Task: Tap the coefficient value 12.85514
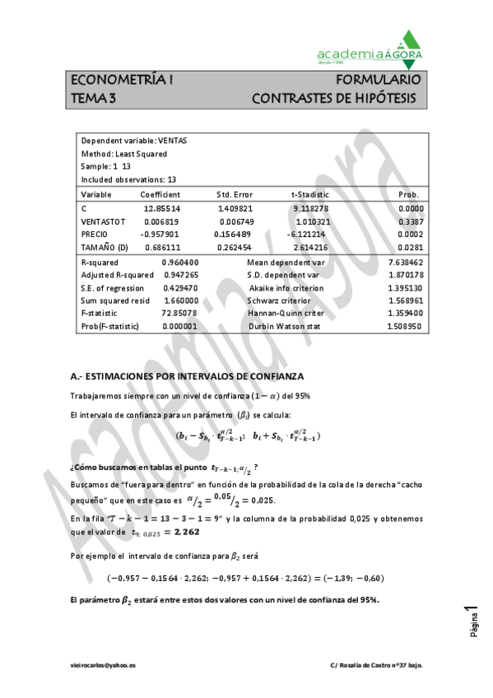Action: (161, 209)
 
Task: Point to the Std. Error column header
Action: (235, 194)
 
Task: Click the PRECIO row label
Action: (95, 235)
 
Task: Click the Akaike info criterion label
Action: (286, 288)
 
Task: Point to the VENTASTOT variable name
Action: (103, 221)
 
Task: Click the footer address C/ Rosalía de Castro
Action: (375, 664)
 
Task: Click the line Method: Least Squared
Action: (124, 154)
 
